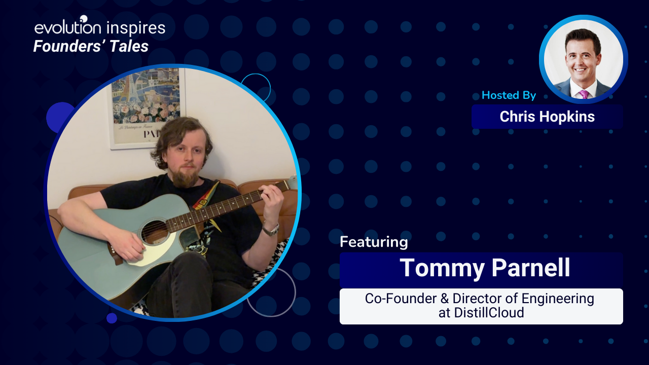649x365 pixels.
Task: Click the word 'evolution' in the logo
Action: click(68, 27)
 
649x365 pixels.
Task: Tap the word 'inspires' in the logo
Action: click(136, 28)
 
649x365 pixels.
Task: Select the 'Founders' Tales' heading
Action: click(91, 46)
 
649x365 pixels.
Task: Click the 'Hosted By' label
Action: click(509, 95)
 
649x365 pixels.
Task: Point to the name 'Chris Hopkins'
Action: click(547, 117)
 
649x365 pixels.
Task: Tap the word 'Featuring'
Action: click(374, 242)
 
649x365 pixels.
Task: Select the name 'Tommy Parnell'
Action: click(485, 268)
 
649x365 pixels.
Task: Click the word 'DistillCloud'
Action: click(489, 313)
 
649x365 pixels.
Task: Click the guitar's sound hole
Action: click(155, 232)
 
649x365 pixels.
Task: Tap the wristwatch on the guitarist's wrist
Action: click(271, 230)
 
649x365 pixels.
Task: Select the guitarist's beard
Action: click(186, 175)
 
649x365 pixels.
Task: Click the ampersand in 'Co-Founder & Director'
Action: click(445, 299)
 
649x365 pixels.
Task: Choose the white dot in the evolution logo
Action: click(84, 19)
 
